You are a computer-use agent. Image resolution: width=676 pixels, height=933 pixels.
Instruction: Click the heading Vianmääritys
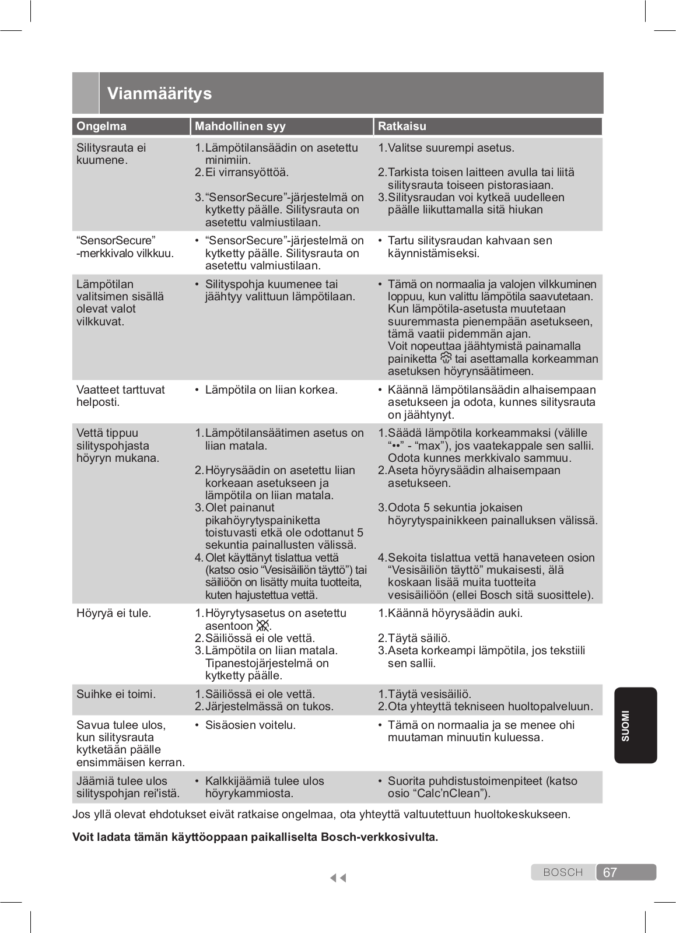click(x=159, y=93)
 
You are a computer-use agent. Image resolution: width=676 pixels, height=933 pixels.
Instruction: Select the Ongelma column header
click(x=101, y=126)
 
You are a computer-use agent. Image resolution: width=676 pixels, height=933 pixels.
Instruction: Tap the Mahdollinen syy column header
click(x=240, y=126)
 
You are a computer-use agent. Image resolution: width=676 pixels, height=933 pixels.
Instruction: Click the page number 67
click(x=610, y=872)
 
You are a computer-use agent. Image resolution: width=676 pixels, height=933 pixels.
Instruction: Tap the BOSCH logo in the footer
click(x=563, y=872)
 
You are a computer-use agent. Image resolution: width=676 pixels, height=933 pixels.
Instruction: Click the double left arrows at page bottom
click(x=338, y=878)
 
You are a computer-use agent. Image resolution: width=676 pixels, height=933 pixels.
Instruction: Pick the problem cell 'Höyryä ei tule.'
click(x=114, y=613)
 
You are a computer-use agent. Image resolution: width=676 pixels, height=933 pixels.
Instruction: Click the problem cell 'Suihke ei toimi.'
click(x=116, y=694)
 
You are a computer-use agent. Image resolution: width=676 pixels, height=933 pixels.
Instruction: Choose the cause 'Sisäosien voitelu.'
click(x=250, y=725)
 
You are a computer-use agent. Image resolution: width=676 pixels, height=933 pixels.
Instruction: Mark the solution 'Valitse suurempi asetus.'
click(x=451, y=148)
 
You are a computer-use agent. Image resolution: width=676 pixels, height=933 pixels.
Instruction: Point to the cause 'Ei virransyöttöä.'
click(x=247, y=172)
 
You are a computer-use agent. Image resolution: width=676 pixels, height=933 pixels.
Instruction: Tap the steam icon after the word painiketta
click(x=446, y=358)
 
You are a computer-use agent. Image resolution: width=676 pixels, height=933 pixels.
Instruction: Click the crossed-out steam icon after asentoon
click(x=263, y=626)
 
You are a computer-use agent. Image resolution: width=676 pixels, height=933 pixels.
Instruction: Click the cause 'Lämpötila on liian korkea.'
click(x=271, y=390)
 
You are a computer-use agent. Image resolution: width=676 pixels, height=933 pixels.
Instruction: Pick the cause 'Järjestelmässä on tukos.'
click(x=269, y=706)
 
